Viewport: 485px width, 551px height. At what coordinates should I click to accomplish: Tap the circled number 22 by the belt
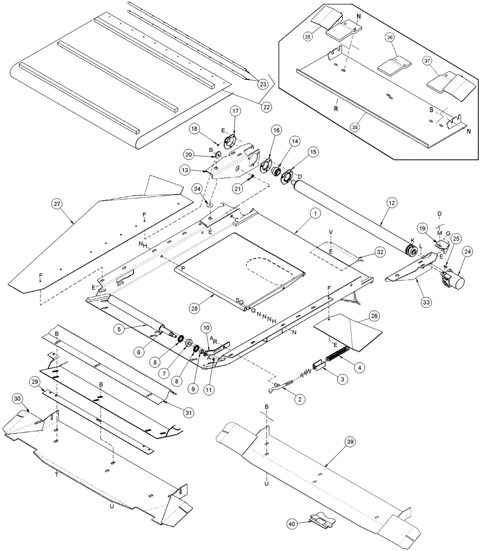[266, 106]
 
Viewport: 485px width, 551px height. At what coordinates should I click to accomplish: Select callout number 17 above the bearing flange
[235, 111]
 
